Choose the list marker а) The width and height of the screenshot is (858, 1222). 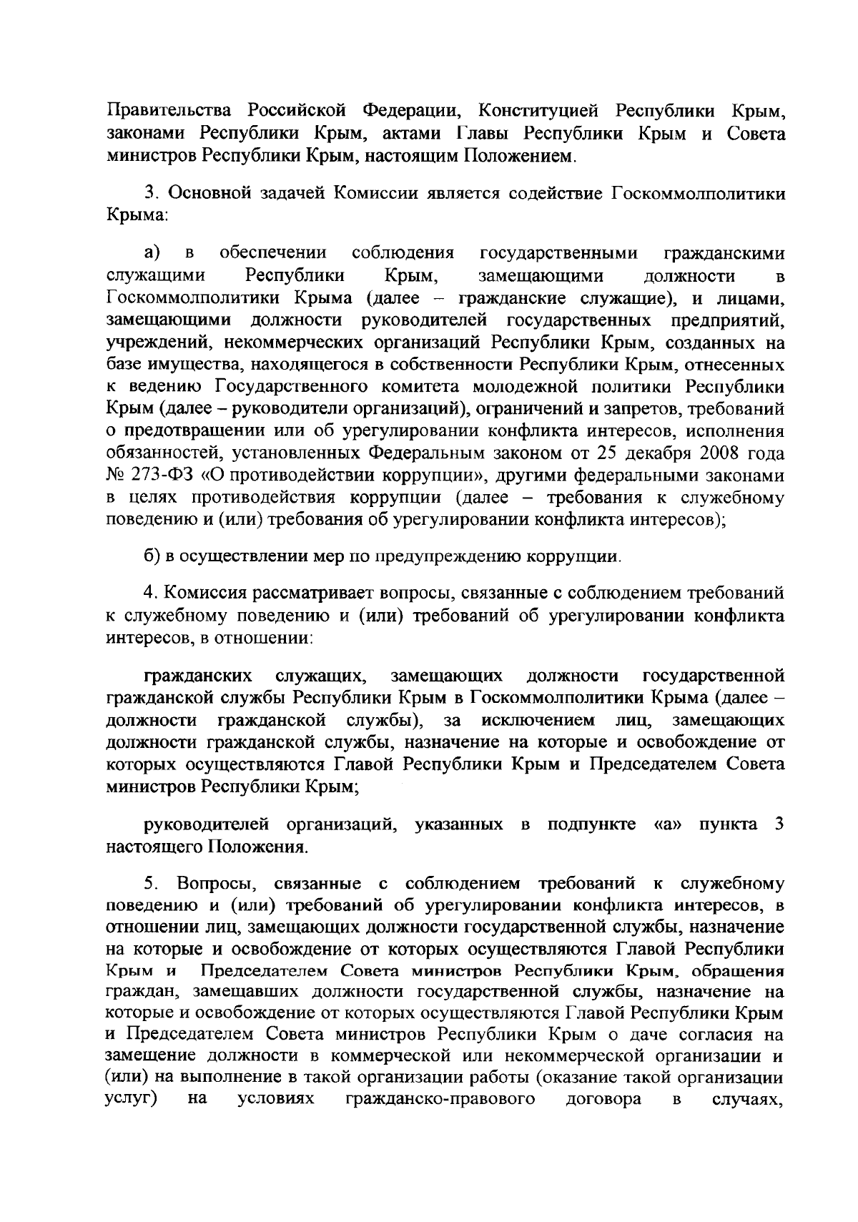(152, 254)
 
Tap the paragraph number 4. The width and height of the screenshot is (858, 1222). (149, 593)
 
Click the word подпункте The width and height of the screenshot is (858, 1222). (591, 824)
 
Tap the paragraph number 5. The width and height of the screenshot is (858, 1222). (149, 884)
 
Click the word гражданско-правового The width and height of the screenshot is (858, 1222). (440, 1118)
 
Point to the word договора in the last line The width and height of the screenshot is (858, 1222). (603, 1118)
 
